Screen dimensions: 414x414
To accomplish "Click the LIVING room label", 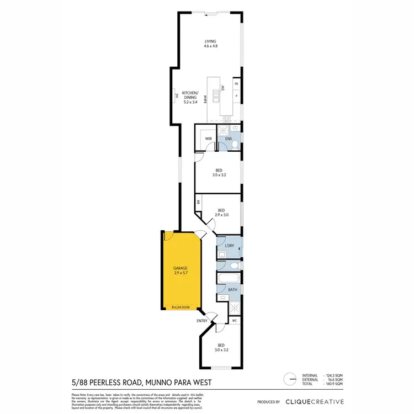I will point(210,44).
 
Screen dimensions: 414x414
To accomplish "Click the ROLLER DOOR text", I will point(181,306).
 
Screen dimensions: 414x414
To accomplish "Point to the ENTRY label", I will point(201,321).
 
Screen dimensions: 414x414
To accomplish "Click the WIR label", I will point(209,139).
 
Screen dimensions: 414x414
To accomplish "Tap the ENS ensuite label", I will point(227,139).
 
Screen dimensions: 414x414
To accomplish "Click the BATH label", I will point(232,289).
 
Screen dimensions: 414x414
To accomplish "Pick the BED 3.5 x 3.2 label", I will point(219,172).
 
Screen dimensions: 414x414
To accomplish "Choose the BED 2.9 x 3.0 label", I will point(221,213).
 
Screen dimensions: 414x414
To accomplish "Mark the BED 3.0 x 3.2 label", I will point(221,348).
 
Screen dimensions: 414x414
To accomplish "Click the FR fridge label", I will point(236,84).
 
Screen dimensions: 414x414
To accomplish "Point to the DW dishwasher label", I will point(223,88).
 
